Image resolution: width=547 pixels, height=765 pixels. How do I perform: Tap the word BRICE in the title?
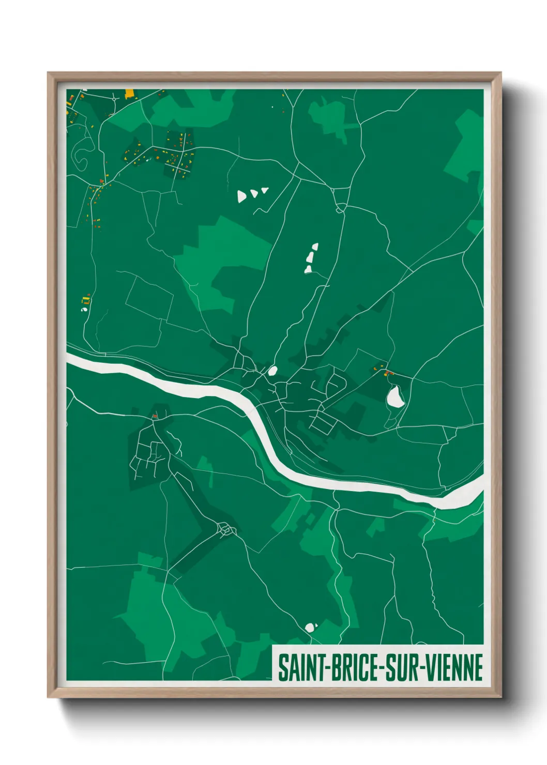click(x=353, y=667)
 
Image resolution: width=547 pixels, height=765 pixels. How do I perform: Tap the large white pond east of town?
click(x=396, y=396)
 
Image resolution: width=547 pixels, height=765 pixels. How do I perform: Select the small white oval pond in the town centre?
click(x=272, y=370)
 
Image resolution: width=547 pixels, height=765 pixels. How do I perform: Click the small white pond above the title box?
click(x=310, y=628)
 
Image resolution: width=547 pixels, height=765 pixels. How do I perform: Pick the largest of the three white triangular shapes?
click(x=241, y=196)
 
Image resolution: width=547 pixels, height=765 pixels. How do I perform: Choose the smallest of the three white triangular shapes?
click(x=265, y=190)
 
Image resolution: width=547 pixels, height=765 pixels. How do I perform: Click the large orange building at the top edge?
click(x=129, y=94)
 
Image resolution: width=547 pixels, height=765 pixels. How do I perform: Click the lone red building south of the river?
click(x=154, y=415)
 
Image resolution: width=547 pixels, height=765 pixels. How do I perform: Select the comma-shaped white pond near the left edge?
click(x=84, y=310)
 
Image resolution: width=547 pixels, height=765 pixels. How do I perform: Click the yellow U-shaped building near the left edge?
click(x=86, y=299)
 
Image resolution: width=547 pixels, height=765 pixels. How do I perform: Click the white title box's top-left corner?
click(x=273, y=646)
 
